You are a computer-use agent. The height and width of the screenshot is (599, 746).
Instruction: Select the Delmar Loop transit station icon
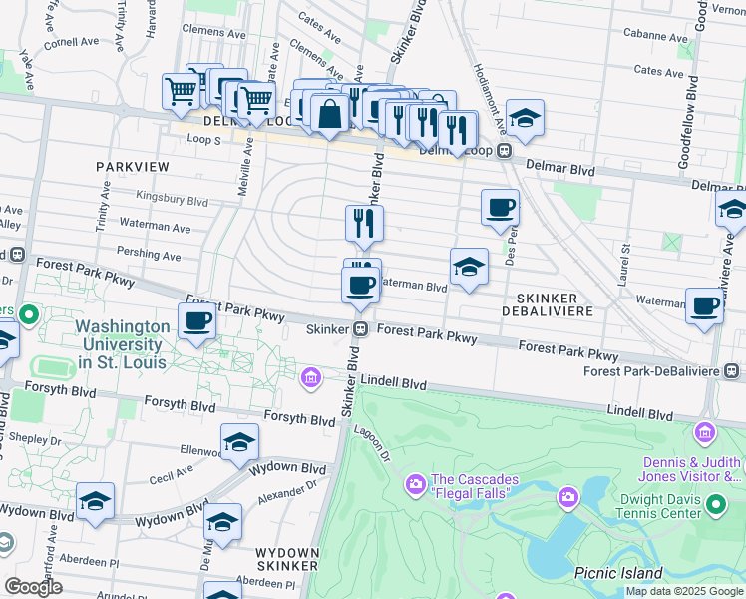click(506, 151)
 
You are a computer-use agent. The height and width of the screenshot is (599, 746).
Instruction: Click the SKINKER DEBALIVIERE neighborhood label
click(556, 304)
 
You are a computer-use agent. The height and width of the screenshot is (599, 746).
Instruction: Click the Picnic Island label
click(618, 573)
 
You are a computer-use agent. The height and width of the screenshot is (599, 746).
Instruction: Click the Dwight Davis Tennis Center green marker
click(715, 506)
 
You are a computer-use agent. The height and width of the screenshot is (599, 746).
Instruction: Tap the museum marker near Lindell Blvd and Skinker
click(311, 377)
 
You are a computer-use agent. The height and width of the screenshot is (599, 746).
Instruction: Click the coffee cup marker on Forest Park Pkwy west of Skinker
click(197, 321)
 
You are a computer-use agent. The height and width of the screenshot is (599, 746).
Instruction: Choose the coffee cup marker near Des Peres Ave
click(500, 208)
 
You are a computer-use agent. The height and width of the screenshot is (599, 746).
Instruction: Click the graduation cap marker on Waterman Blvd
click(469, 267)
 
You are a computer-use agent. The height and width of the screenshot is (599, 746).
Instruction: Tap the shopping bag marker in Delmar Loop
click(328, 114)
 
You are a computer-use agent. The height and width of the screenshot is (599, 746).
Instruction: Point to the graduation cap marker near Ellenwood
click(239, 442)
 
